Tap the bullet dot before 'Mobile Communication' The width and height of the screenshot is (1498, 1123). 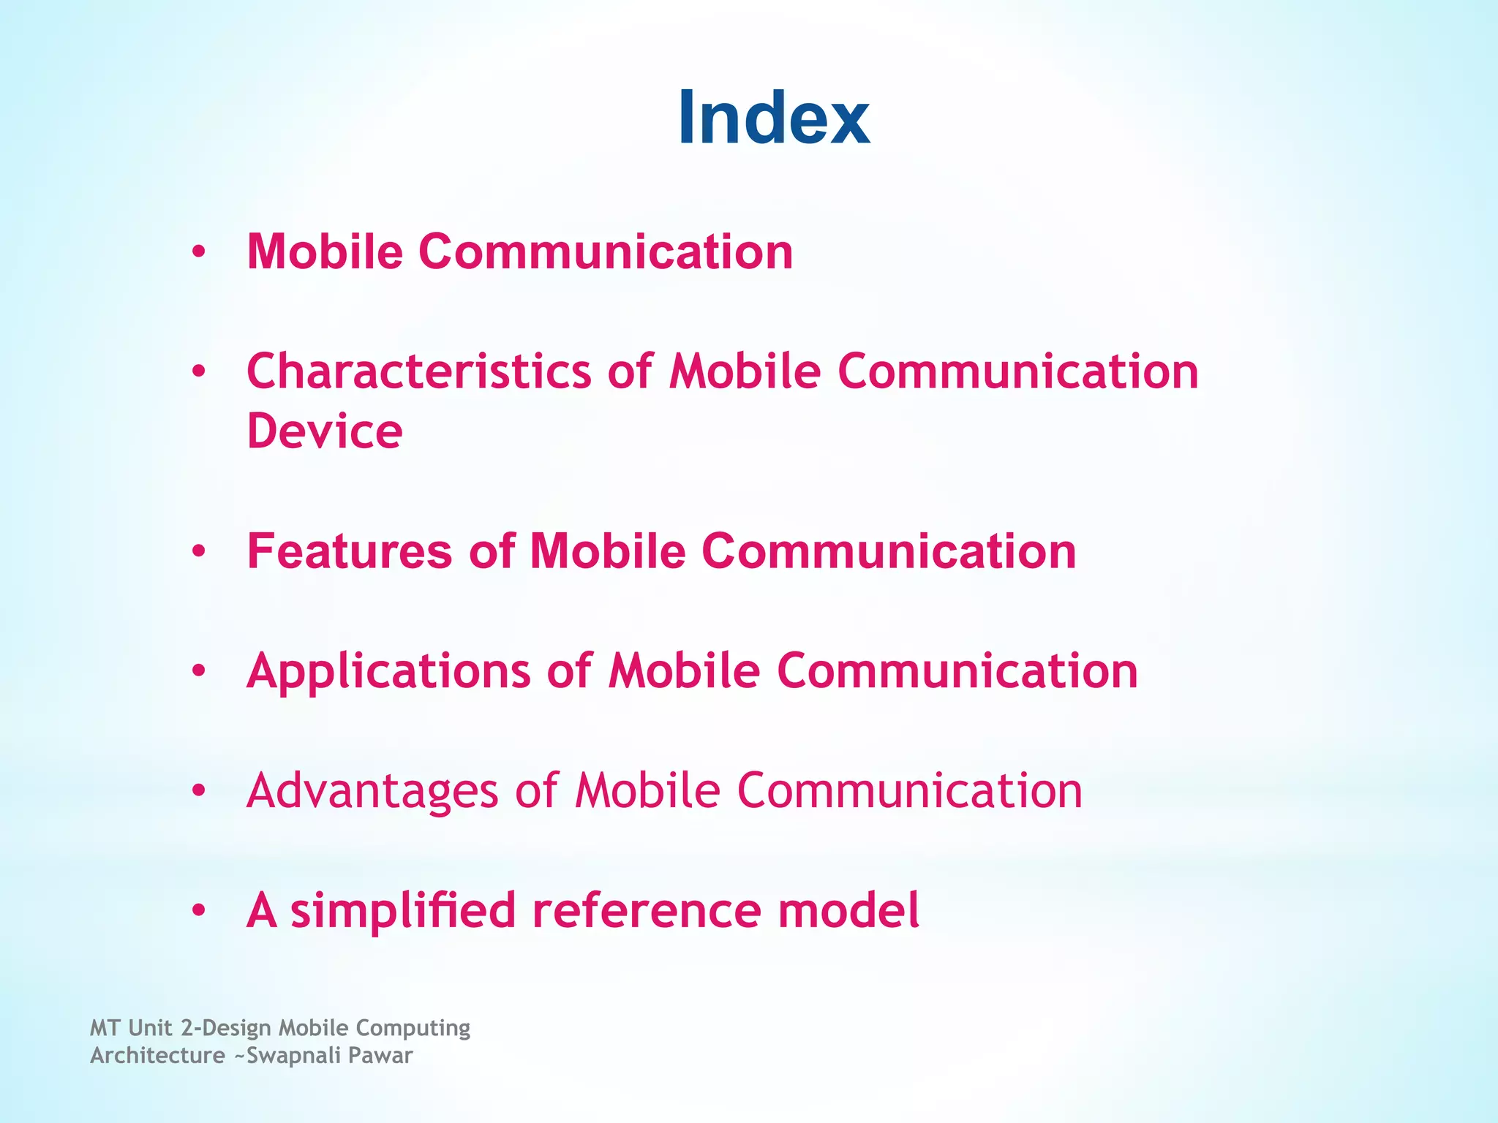[198, 253]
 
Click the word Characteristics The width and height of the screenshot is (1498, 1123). [418, 371]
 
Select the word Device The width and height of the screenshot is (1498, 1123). [324, 431]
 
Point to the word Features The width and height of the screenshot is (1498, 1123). [350, 551]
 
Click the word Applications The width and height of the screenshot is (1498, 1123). [388, 671]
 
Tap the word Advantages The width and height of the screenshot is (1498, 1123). [372, 791]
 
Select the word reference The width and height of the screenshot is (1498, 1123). [646, 911]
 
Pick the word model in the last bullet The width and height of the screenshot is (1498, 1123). [848, 911]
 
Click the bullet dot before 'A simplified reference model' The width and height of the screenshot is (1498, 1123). [198, 912]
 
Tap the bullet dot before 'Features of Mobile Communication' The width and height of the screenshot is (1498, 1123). [198, 552]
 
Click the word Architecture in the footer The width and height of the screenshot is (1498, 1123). [157, 1056]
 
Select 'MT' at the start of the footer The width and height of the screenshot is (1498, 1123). [105, 1028]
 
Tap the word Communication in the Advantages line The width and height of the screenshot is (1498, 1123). [909, 791]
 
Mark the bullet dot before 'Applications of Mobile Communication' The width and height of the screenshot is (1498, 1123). [198, 672]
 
